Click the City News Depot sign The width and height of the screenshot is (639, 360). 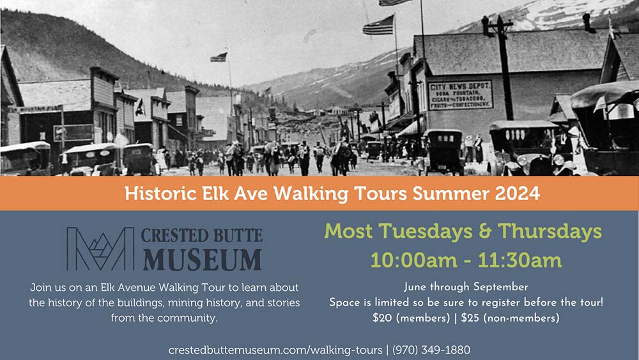pos(461,95)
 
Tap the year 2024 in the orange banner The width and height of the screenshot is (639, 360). pos(518,193)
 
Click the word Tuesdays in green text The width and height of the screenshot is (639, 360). pos(426,231)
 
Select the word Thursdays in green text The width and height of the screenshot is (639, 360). pos(550,231)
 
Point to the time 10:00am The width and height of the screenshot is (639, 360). pos(413,260)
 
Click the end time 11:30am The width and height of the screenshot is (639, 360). pos(520,260)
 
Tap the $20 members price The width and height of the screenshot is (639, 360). pos(411,318)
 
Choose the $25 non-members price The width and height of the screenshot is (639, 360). pos(510,318)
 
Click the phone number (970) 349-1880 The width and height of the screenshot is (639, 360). pos(431,350)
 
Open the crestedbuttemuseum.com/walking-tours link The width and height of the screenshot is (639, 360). pos(275,350)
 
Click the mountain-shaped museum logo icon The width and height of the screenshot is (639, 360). pos(100,249)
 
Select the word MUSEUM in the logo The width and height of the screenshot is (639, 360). pos(202,260)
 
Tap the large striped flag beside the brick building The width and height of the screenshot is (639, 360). pos(378,26)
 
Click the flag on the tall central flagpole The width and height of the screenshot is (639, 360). pos(219,58)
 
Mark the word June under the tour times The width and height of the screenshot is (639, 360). pos(415,287)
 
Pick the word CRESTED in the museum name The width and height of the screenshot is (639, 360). pos(172,236)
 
